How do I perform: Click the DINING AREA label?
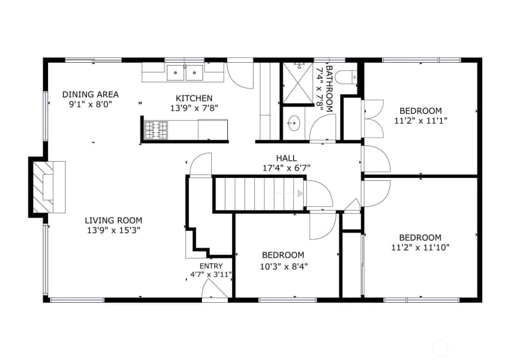91,95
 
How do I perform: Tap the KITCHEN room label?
194,98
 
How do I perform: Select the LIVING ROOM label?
113,220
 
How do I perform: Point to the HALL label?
286,158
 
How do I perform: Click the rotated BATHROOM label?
330,89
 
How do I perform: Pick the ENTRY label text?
211,266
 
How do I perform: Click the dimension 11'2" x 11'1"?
421,121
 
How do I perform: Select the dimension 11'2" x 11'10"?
420,247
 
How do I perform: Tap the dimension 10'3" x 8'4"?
284,266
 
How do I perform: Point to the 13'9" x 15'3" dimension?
113,230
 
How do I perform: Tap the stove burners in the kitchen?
156,130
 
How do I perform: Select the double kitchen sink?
185,73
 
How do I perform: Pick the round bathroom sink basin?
294,123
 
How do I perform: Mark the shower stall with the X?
298,83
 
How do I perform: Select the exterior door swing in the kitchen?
240,74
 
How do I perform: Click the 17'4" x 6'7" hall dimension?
286,168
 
